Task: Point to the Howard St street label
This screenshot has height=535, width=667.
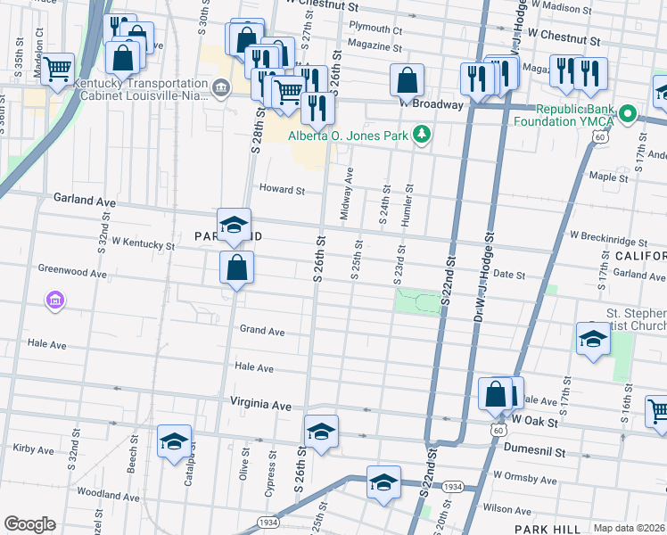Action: [282, 189]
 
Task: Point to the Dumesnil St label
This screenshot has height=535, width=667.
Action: [534, 451]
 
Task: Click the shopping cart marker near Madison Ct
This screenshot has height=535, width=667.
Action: [57, 68]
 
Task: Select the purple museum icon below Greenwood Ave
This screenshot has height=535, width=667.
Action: [55, 300]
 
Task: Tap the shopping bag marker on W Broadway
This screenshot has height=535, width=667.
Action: [407, 79]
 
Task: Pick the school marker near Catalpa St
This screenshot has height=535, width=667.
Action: [175, 440]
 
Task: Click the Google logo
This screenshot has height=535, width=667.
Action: [29, 524]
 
